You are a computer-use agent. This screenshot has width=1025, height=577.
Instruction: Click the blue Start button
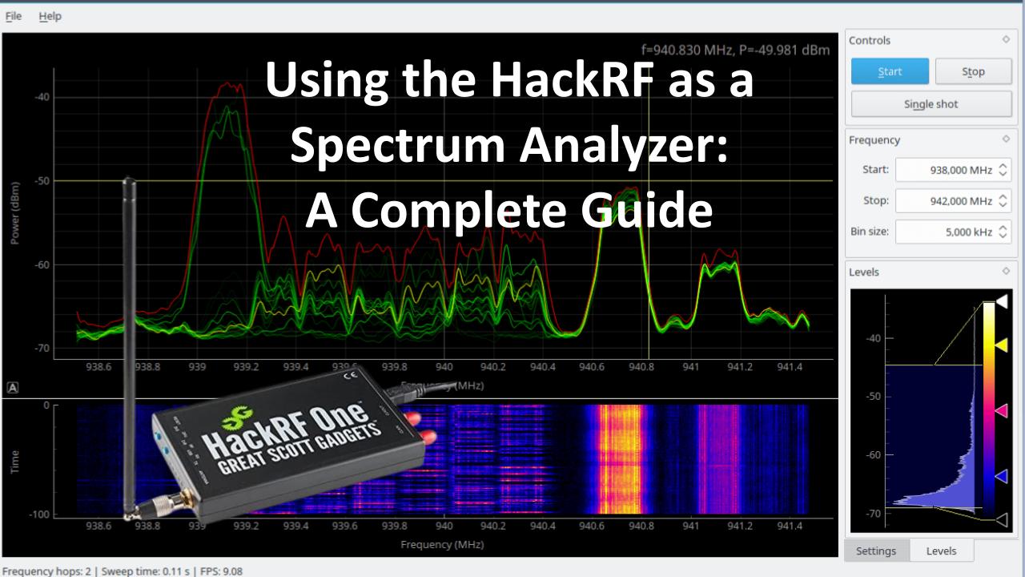click(x=890, y=71)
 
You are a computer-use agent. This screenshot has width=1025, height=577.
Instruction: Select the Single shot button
click(x=930, y=104)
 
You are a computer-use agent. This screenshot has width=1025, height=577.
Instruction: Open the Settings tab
click(x=875, y=551)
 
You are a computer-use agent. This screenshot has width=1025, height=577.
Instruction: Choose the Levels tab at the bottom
click(x=941, y=551)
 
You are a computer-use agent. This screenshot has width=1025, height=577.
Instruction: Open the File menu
click(x=14, y=16)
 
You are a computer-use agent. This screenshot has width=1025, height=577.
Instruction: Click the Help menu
click(x=50, y=16)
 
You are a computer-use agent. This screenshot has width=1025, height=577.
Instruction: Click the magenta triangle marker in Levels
click(x=1000, y=410)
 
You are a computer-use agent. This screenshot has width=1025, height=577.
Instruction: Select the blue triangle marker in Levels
click(x=1000, y=476)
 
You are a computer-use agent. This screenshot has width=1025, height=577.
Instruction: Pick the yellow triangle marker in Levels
click(x=1000, y=345)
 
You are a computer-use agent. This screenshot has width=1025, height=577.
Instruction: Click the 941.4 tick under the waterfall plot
click(x=789, y=526)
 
